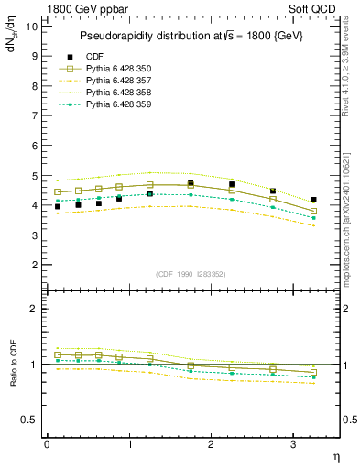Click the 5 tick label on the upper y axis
tap(34, 175)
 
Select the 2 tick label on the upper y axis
tap(34, 265)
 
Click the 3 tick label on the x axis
tap(293, 444)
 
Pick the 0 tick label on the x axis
tap(47, 444)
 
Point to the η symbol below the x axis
tap(336, 455)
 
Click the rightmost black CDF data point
tap(313, 200)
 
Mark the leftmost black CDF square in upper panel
tap(57, 207)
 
